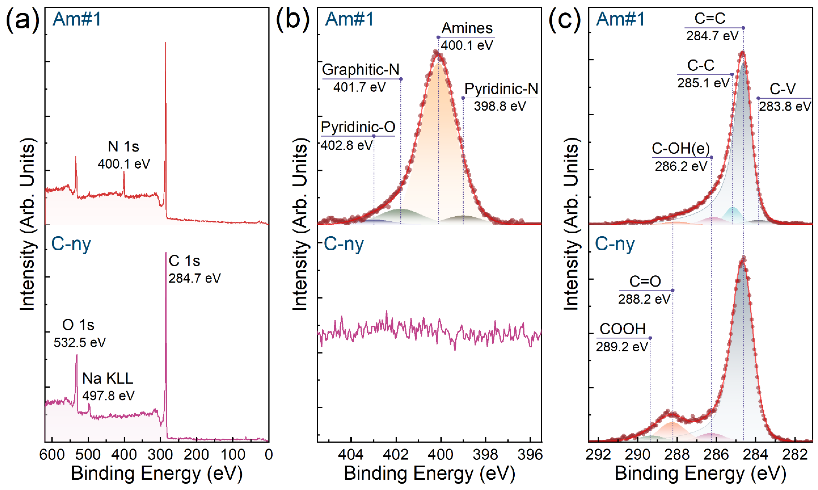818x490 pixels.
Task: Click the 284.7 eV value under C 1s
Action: [195, 278]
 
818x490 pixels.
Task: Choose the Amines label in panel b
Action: [467, 28]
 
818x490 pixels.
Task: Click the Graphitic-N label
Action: [361, 70]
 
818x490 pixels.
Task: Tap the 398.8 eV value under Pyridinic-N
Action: [500, 106]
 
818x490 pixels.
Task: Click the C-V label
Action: [782, 89]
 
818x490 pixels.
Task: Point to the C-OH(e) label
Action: [681, 149]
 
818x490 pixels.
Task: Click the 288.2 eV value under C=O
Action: [644, 299]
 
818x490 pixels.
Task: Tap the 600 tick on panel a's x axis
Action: [52, 455]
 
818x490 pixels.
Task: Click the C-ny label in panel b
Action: [344, 244]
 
